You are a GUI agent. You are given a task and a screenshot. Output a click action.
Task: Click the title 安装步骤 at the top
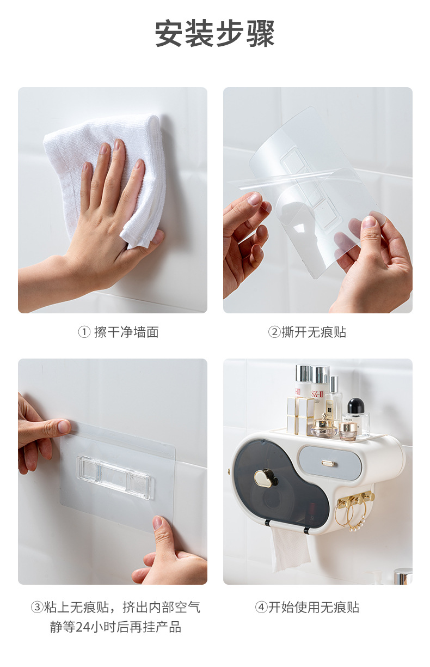point(215,34)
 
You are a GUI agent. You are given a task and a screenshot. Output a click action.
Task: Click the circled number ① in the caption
point(84,332)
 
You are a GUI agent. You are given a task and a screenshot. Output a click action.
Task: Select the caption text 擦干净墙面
point(126,332)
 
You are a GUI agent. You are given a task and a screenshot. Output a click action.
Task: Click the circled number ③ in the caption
point(37,608)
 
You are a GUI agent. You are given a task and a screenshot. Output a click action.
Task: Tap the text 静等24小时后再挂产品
point(115,627)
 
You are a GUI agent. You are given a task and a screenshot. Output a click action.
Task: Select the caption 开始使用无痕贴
point(314,608)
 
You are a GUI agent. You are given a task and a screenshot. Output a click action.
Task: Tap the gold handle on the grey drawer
point(328,463)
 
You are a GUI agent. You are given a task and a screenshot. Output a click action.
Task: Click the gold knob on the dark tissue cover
point(265,478)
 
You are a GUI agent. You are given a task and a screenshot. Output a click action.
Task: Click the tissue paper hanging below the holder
point(290,548)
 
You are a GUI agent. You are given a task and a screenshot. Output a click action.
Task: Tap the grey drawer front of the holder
point(330,463)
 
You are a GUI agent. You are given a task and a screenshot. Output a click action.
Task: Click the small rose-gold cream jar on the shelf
point(348,430)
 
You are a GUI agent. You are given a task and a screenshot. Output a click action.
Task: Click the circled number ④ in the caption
point(261,608)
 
